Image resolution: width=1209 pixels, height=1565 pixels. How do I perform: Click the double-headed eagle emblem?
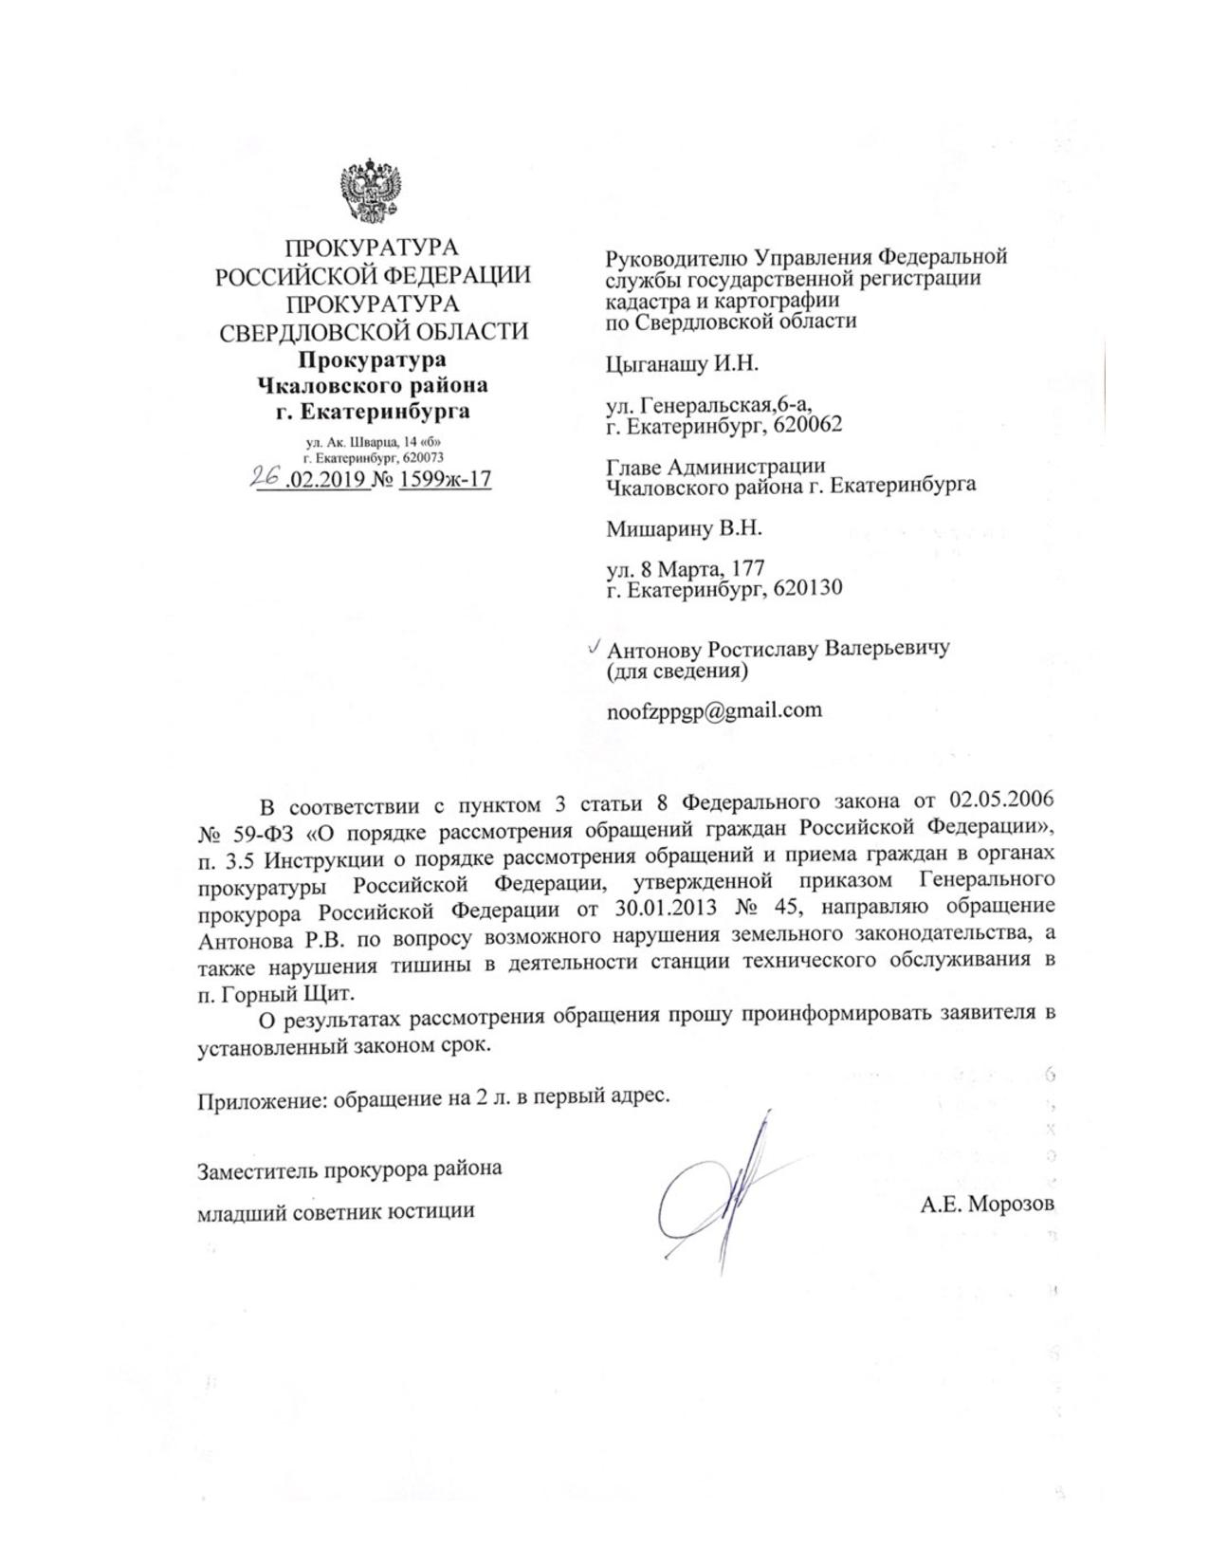(x=372, y=193)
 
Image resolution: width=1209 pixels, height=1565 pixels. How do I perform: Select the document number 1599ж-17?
(x=445, y=479)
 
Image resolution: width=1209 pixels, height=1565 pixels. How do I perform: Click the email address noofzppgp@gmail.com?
(x=714, y=710)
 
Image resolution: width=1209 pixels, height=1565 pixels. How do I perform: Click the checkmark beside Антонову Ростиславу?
(x=594, y=647)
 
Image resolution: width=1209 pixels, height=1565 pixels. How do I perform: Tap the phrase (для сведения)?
(x=676, y=672)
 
